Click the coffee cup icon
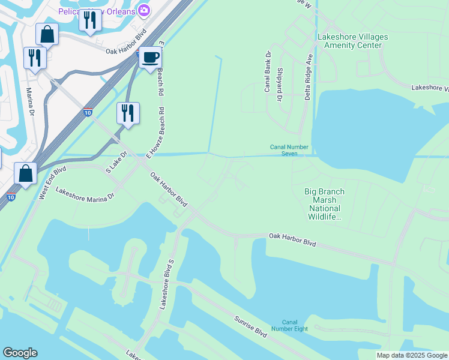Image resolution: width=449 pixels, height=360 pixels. (x=150, y=58)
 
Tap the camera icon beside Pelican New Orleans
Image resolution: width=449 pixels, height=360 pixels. (x=144, y=10)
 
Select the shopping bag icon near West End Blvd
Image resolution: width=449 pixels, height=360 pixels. (x=26, y=173)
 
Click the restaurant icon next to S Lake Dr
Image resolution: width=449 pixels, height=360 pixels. (x=128, y=112)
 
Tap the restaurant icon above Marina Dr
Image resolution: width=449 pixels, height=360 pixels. (x=34, y=58)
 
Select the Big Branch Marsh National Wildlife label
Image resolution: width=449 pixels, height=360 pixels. (x=325, y=204)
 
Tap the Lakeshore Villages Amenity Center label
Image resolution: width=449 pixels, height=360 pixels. (x=352, y=41)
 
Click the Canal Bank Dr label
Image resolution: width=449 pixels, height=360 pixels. (x=268, y=70)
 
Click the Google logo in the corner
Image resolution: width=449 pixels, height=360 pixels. (x=20, y=353)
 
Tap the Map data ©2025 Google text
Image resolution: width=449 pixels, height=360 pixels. (x=412, y=355)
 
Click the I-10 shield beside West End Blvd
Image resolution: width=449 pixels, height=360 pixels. (x=11, y=197)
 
